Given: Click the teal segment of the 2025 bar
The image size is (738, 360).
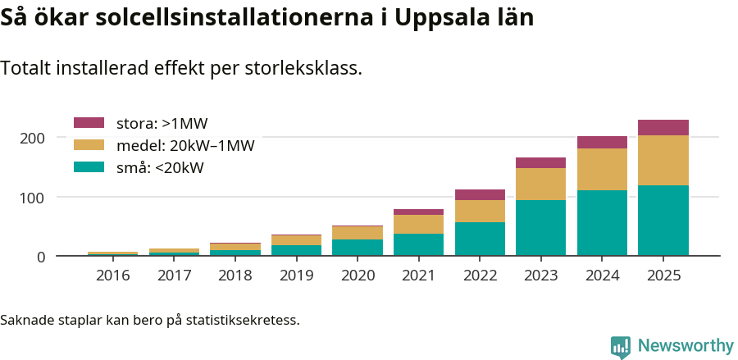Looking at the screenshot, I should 663,221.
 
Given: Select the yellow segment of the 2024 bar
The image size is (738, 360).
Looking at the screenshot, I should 602,169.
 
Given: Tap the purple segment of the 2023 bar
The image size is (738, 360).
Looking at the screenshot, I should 540,162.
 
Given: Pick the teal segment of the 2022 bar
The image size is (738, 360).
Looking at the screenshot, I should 480,239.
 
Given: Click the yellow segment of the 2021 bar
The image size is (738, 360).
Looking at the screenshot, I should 418,224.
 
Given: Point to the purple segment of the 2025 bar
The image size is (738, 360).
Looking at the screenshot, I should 663,127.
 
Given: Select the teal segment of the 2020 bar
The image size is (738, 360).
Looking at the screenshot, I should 357,247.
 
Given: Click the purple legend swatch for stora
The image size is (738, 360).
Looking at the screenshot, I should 89,123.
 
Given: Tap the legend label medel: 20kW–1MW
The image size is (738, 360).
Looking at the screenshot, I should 185,146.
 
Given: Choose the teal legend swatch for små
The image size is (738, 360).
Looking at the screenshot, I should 89,167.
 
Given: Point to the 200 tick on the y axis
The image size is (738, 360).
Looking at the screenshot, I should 33,138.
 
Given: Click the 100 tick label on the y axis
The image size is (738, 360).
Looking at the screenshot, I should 33,198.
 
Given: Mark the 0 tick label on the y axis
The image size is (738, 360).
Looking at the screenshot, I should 39,257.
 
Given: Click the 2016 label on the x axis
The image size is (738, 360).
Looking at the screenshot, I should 112,276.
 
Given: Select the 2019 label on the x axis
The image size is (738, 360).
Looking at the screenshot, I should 296,276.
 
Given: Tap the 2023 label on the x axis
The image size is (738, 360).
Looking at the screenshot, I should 540,276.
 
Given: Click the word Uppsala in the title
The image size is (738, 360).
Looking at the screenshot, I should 440,18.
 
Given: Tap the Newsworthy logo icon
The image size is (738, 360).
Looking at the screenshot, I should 621,346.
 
